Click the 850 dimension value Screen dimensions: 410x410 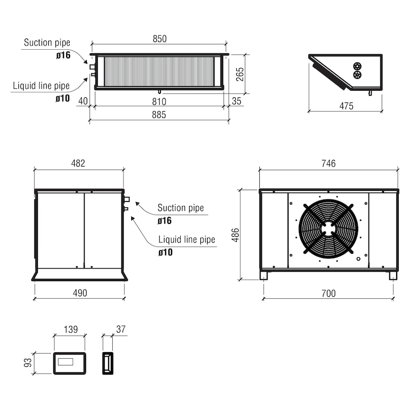point(159,39)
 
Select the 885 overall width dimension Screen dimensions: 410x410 point(159,114)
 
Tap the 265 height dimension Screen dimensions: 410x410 point(240,74)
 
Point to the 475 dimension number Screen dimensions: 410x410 point(346,106)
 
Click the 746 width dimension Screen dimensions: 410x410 point(329,163)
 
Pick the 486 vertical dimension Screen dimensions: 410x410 point(236,235)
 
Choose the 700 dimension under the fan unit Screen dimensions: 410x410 point(329,293)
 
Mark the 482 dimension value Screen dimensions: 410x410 point(78,163)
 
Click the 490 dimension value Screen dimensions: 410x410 point(80,293)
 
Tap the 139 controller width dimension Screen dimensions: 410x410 point(71,329)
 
